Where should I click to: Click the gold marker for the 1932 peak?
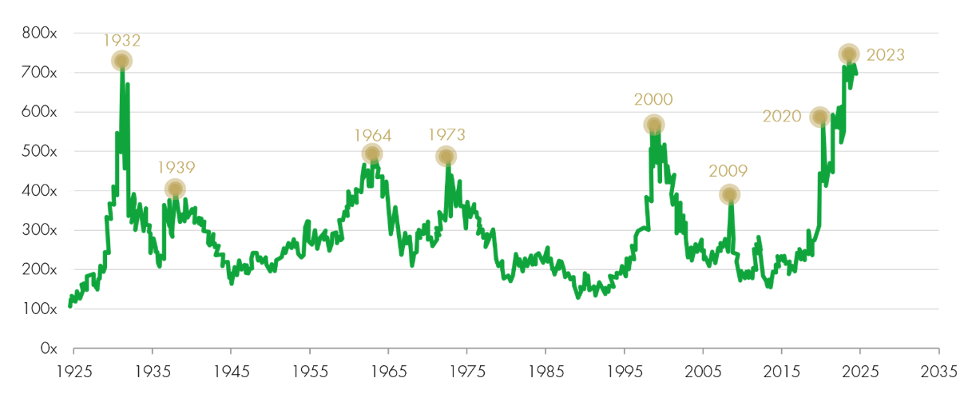(x=121, y=62)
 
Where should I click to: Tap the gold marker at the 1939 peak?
(x=175, y=189)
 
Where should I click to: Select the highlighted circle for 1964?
(x=372, y=154)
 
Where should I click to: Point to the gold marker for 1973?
(x=446, y=156)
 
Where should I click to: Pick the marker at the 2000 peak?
(x=654, y=125)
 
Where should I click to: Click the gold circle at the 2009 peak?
(x=728, y=194)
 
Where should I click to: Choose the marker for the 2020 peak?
(x=819, y=117)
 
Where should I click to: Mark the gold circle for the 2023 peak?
(x=848, y=54)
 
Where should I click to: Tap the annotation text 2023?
(x=885, y=55)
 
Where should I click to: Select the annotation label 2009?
(x=728, y=171)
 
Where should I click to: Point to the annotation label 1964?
(x=372, y=133)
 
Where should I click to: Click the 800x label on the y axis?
(x=40, y=34)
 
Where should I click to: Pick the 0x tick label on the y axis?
(x=48, y=348)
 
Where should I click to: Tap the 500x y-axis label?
(x=40, y=152)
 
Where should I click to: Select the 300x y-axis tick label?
(x=40, y=230)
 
